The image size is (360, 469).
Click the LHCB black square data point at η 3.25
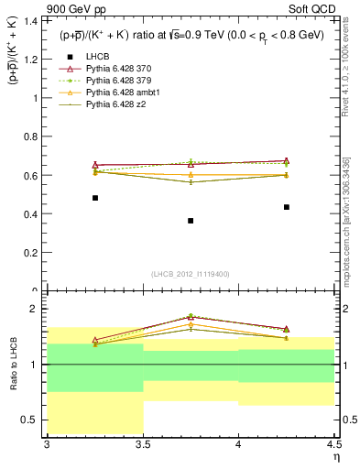pos(95,198)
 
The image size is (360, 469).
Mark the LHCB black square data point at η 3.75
pos(191,221)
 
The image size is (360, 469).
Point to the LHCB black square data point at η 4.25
pos(287,207)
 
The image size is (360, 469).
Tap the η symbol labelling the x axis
pos(335,457)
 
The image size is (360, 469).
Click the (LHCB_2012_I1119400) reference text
pos(191,274)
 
